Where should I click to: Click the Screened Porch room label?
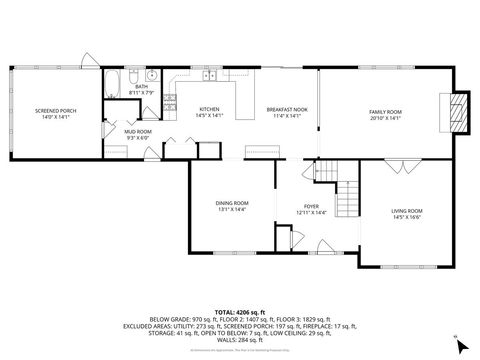click(55, 110)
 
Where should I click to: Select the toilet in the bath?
click(131, 76)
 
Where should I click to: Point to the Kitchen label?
click(209, 109)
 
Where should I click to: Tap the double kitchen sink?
click(210, 75)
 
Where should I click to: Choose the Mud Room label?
click(138, 131)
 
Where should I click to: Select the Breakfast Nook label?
click(286, 109)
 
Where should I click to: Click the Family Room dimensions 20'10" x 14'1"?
click(385, 117)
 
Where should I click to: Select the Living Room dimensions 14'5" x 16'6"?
click(407, 217)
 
